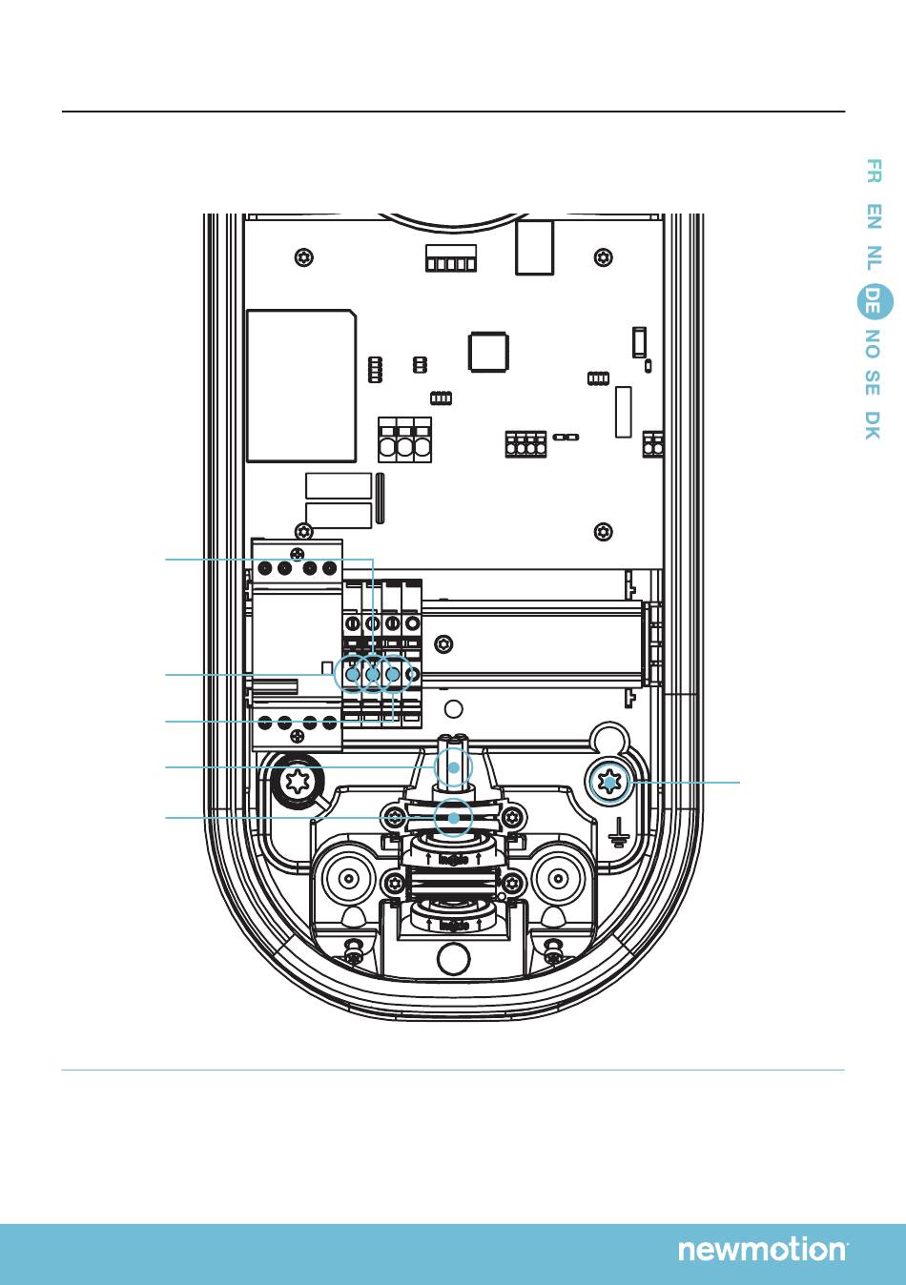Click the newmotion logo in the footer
click(x=762, y=1250)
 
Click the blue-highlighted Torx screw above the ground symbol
click(x=607, y=784)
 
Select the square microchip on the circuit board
click(x=487, y=352)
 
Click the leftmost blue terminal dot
click(x=352, y=675)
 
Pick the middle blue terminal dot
click(x=372, y=675)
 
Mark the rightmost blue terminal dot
click(x=392, y=675)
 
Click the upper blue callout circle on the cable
click(x=454, y=767)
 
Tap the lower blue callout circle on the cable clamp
click(x=454, y=818)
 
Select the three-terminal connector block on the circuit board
click(x=404, y=439)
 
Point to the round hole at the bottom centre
click(x=453, y=959)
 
